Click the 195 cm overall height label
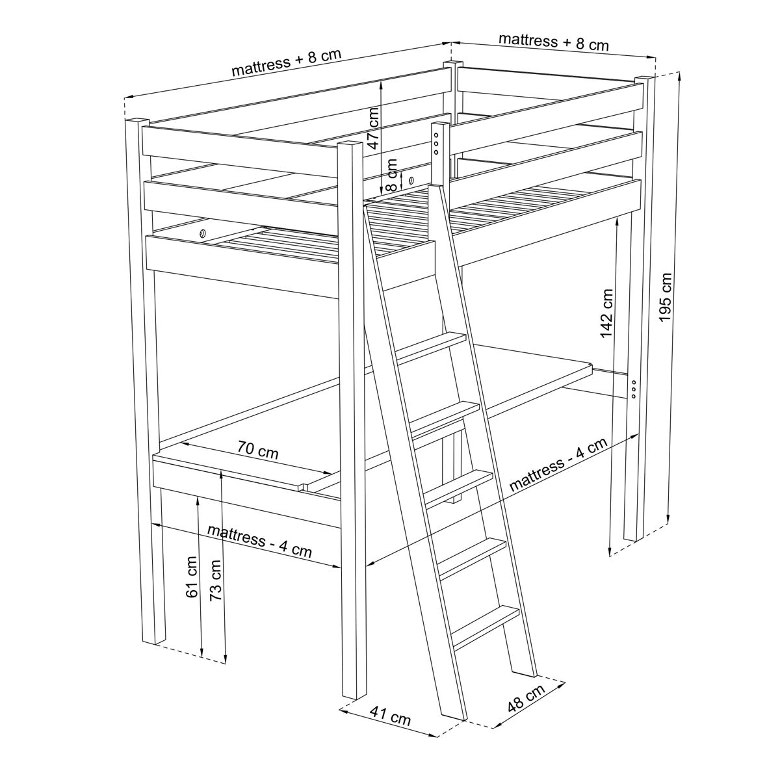(x=666, y=298)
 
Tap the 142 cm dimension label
(x=606, y=313)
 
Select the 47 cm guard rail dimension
(x=374, y=128)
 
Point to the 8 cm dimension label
(x=392, y=175)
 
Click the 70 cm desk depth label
(x=258, y=450)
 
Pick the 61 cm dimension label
(x=192, y=577)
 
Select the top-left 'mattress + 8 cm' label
(x=287, y=62)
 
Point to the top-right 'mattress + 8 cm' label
(x=554, y=42)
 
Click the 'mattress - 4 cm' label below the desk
(x=259, y=541)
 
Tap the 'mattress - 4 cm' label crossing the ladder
(x=558, y=464)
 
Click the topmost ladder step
(x=431, y=345)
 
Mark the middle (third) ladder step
(x=459, y=488)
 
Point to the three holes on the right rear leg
(x=634, y=389)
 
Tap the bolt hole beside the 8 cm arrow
(x=411, y=179)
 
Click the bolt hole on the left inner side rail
(x=202, y=233)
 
